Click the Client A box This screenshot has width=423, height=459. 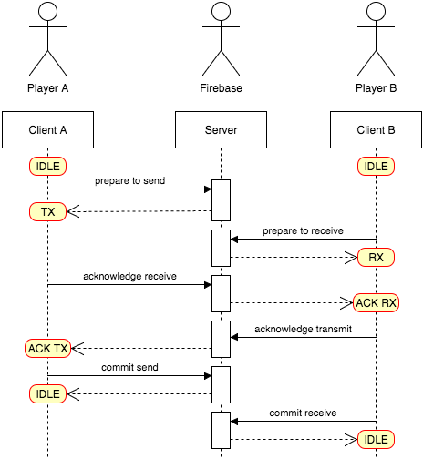click(x=47, y=130)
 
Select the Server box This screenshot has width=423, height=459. click(x=221, y=130)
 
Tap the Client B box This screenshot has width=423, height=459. click(x=376, y=130)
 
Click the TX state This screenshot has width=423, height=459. click(x=47, y=212)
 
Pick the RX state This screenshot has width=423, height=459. click(x=376, y=258)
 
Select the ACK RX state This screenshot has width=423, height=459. click(x=376, y=303)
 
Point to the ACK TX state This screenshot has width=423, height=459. click(x=48, y=349)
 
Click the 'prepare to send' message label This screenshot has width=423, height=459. click(x=130, y=181)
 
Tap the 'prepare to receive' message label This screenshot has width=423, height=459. click(x=303, y=231)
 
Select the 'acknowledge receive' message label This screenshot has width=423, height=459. click(x=129, y=277)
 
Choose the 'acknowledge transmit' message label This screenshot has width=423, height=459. click(x=303, y=329)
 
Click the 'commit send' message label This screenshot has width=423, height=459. click(x=130, y=368)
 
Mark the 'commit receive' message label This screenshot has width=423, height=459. click(x=303, y=413)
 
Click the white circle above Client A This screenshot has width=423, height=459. click(x=48, y=12)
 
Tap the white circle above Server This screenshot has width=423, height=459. click(x=221, y=12)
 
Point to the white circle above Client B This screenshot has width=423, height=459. click(x=376, y=12)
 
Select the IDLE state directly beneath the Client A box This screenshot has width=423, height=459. click(x=47, y=167)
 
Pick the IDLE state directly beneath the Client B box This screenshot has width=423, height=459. click(x=376, y=167)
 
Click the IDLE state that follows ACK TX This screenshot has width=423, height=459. click(x=47, y=394)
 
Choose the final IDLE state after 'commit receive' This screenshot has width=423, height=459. click(x=376, y=440)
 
